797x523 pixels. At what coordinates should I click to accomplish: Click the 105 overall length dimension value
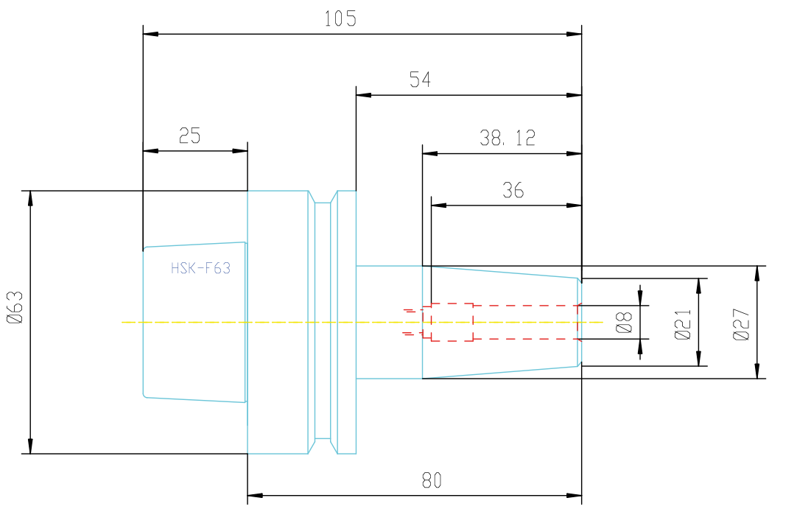340,19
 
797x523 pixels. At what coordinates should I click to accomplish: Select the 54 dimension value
420,80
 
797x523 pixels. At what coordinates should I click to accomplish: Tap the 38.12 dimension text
508,138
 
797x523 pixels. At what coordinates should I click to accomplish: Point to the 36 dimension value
513,191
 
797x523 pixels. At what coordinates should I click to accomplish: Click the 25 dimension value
189,136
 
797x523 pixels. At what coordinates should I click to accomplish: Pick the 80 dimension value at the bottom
432,480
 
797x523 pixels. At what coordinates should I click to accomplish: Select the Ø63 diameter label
15,307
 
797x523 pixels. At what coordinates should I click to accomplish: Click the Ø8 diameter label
624,322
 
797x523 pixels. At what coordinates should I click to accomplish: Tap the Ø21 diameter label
683,324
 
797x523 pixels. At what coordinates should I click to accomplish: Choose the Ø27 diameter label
742,324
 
